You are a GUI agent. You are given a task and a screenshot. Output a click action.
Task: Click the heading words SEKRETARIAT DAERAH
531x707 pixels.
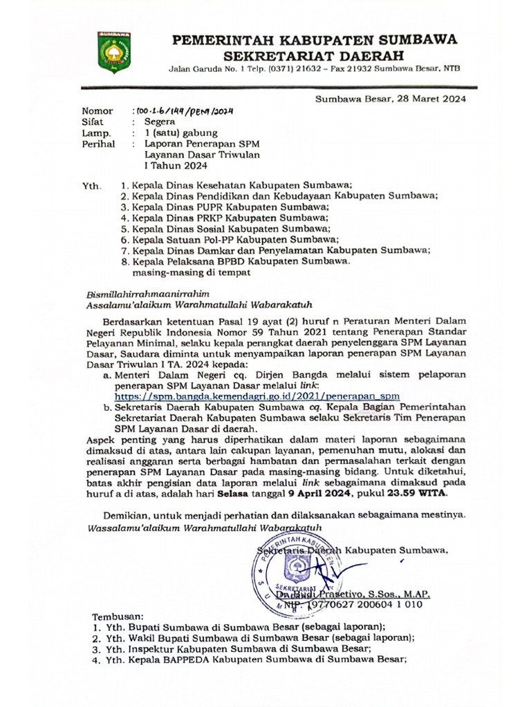click(x=315, y=55)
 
